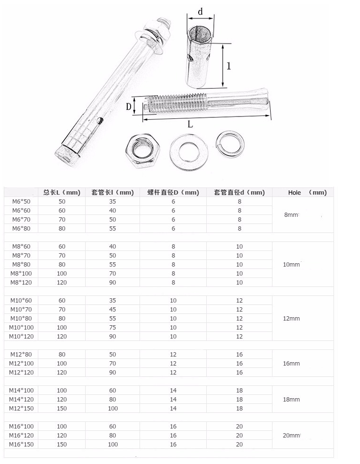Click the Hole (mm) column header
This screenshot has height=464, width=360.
click(x=307, y=192)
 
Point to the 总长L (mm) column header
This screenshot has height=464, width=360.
click(x=61, y=192)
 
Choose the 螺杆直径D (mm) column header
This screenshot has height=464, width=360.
click(x=173, y=192)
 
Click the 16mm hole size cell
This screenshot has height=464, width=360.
click(x=291, y=363)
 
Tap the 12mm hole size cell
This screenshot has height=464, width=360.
click(x=291, y=318)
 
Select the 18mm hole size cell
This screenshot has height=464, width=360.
click(x=291, y=399)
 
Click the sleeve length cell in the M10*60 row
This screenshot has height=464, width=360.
click(x=113, y=300)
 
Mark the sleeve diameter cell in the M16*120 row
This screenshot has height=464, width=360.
click(x=239, y=435)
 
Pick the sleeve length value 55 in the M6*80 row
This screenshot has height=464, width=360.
click(x=113, y=228)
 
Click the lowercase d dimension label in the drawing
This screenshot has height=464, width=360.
click(x=201, y=10)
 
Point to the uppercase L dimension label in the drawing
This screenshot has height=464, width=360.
click(x=190, y=125)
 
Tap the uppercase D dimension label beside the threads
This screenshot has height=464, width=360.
click(x=128, y=107)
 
